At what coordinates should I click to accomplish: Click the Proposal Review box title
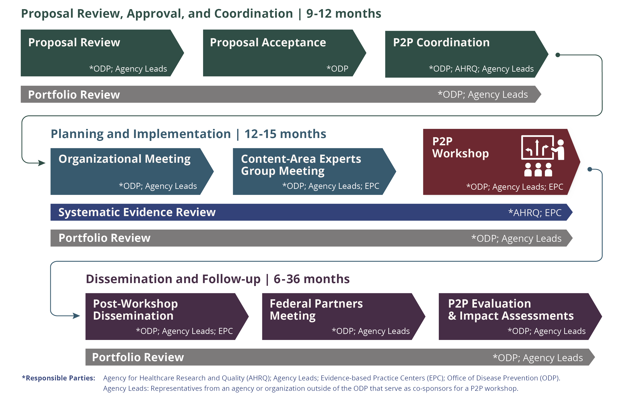74,43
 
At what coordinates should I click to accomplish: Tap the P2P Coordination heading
441,43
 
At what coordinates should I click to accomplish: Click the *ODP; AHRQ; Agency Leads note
481,69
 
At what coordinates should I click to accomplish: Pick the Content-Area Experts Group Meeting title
301,165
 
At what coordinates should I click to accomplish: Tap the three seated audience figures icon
538,170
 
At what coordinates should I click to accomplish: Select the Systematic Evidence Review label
137,212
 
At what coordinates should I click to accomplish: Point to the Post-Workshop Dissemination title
135,310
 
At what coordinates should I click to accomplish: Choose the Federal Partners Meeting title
316,310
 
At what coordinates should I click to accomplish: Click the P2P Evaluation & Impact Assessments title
511,310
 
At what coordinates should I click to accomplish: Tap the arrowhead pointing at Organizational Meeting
42,163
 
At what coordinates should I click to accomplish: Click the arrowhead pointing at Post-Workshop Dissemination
76,316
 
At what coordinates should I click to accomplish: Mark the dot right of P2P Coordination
558,55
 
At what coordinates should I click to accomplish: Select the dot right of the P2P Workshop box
590,169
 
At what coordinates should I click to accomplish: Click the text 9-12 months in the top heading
344,14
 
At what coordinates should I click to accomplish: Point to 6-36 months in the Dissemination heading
311,279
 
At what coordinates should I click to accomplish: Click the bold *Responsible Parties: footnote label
58,378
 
